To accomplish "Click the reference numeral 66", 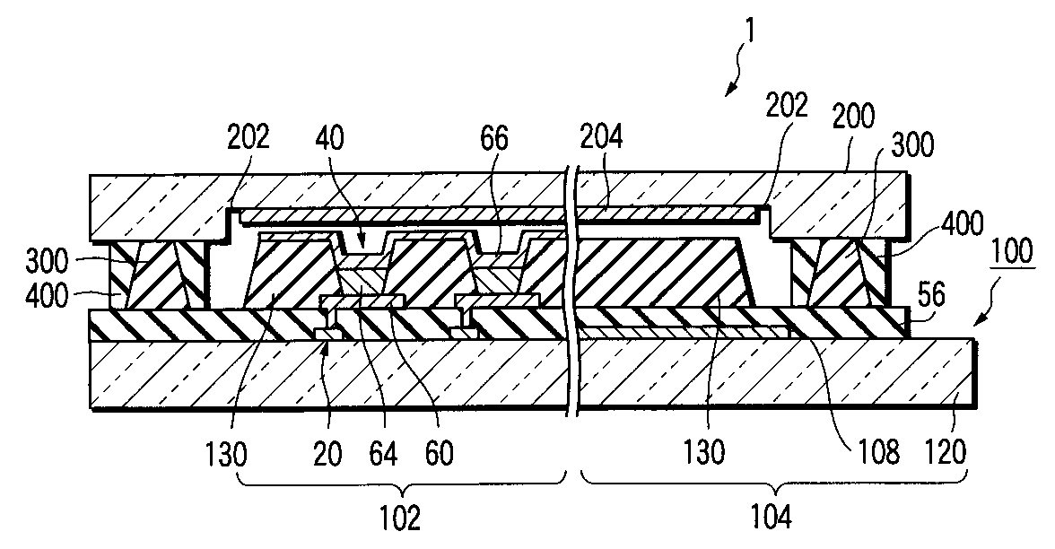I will (493, 138).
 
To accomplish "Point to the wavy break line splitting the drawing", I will (571, 287).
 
